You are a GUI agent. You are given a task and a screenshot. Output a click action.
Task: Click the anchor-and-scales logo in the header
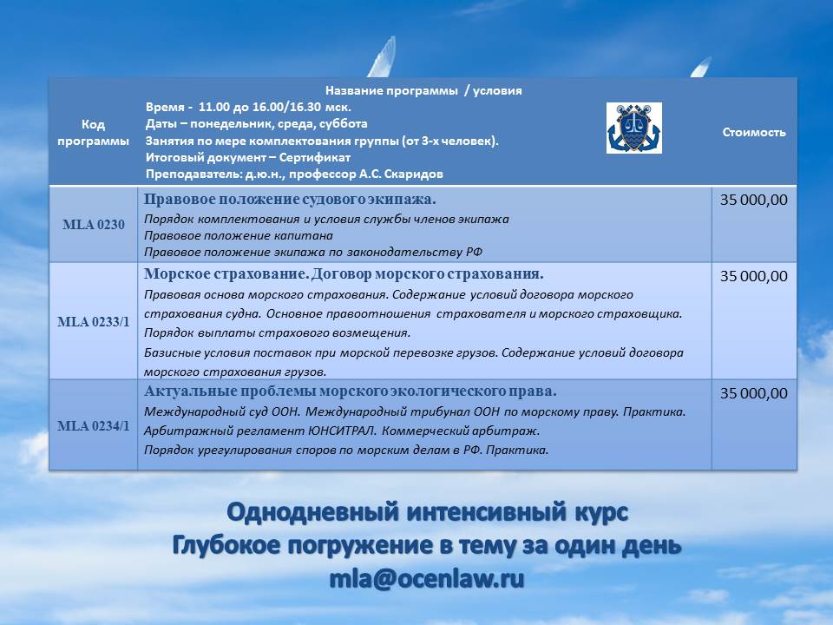(633, 128)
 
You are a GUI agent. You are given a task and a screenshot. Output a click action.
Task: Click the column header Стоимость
(754, 132)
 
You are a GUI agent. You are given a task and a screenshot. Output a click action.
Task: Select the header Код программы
(93, 132)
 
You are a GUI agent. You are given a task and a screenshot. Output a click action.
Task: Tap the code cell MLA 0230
(93, 225)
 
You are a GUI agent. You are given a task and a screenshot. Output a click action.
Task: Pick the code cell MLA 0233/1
(93, 321)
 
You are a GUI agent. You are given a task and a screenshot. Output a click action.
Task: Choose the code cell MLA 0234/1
(93, 425)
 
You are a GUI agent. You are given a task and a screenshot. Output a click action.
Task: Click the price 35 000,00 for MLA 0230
(754, 200)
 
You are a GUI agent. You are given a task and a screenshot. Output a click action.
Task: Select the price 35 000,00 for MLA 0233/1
(754, 276)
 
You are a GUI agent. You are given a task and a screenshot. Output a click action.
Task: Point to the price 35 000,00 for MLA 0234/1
(754, 393)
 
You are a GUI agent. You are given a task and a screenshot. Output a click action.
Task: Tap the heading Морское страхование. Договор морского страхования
(344, 274)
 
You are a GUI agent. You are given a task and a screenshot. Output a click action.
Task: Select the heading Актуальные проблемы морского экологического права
(350, 391)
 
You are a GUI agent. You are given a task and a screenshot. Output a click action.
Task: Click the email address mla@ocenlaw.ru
(426, 579)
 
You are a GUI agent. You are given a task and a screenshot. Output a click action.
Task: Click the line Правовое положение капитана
(238, 235)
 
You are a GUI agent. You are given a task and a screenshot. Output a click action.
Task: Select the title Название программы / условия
(423, 90)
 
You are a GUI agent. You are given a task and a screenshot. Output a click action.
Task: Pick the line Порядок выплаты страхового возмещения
(277, 332)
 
